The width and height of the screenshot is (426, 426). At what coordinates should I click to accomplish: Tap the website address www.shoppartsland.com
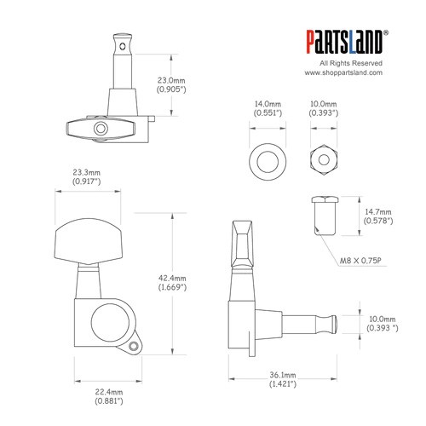[343, 72]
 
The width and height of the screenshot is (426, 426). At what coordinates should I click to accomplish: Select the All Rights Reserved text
[351, 63]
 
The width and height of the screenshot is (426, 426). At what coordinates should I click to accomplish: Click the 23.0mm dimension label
[171, 81]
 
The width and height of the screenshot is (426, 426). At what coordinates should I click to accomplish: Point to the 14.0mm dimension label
[268, 104]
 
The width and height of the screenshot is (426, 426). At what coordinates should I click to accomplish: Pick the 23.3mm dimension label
[86, 172]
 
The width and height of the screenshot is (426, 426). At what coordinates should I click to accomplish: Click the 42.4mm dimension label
[172, 279]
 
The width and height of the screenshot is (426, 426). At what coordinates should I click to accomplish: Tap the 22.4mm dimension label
[109, 392]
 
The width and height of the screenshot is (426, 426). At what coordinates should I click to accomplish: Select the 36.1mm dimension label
[283, 375]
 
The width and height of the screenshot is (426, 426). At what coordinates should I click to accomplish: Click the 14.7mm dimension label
[378, 212]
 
